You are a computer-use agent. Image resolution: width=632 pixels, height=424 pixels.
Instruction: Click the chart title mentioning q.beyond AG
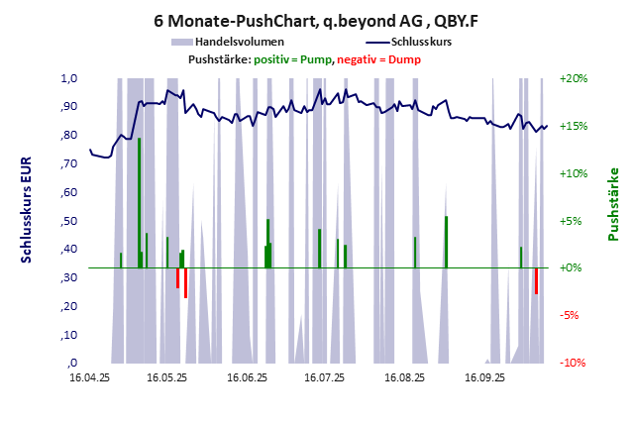pyautogui.click(x=316, y=19)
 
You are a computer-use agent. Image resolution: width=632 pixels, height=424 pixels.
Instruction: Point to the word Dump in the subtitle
pyautogui.click(x=403, y=59)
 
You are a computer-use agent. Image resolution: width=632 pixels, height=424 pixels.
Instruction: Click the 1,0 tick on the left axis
pyautogui.click(x=69, y=78)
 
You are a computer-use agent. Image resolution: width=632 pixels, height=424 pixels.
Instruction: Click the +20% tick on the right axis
pyautogui.click(x=575, y=78)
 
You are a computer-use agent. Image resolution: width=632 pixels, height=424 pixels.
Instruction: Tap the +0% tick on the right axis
pyautogui.click(x=575, y=268)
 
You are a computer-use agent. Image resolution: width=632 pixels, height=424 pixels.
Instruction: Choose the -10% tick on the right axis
pyautogui.click(x=575, y=364)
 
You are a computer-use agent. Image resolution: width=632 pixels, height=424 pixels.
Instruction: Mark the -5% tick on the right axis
pyautogui.click(x=575, y=316)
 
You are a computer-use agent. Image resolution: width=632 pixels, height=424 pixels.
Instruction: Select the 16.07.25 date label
pyautogui.click(x=324, y=377)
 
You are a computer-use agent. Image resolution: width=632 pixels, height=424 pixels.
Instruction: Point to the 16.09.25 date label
pyautogui.click(x=484, y=377)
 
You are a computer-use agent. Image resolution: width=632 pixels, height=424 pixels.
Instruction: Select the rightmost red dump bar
pyautogui.click(x=536, y=280)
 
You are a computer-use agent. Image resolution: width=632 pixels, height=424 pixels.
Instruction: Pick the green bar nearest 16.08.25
pyautogui.click(x=415, y=252)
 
